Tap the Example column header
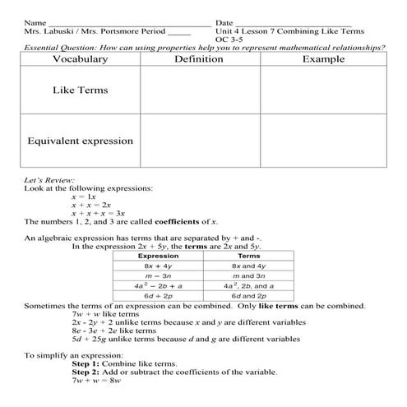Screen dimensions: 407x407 323,59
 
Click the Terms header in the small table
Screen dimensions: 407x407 248,256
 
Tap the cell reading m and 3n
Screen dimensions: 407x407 248,275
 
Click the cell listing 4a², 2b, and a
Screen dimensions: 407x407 248,285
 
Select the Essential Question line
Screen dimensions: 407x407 203,48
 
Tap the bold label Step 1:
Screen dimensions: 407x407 90,363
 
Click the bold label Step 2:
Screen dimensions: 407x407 90,372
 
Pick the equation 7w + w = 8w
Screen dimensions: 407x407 96,381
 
